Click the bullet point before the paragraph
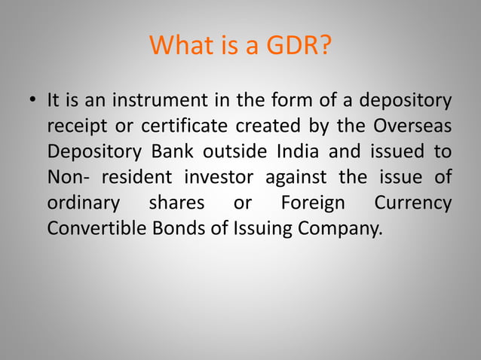[30, 101]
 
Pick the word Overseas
[414, 125]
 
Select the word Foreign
[312, 203]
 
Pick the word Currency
[413, 203]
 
